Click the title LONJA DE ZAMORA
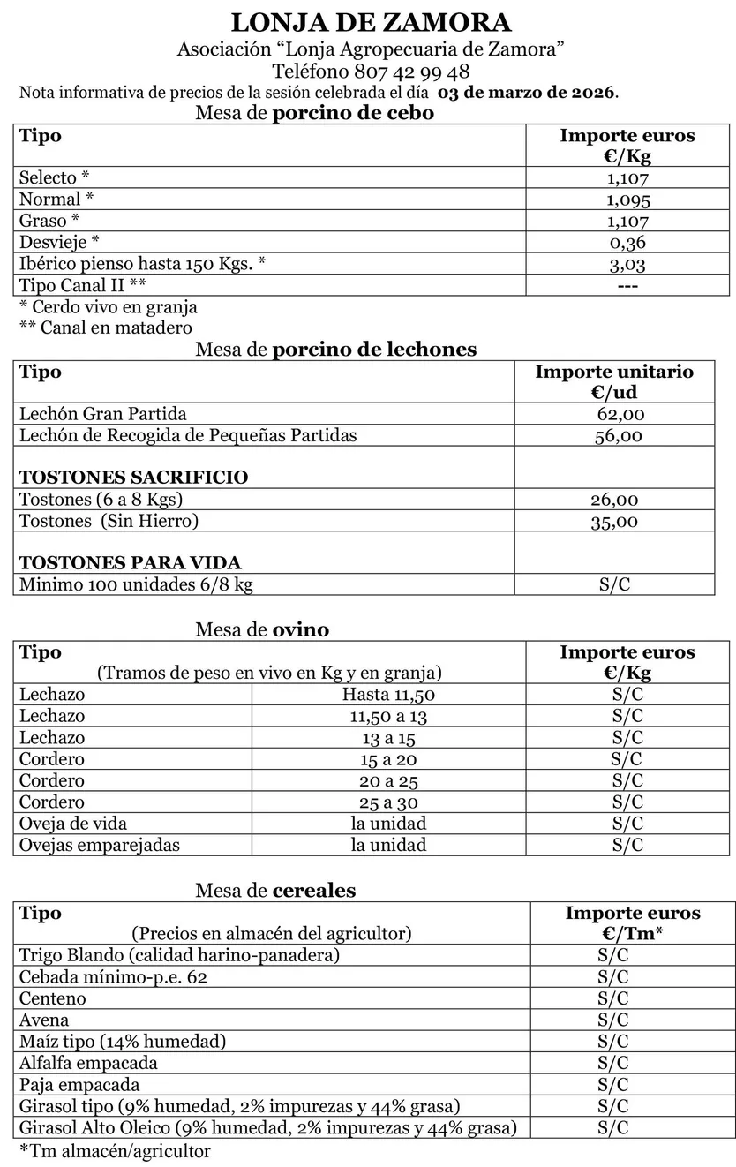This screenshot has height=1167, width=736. [x=371, y=23]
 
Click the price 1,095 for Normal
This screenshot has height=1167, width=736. [x=627, y=200]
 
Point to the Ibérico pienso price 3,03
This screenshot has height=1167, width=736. [x=627, y=264]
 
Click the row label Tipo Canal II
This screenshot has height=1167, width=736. [x=83, y=285]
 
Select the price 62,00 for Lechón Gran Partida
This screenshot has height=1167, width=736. [x=620, y=414]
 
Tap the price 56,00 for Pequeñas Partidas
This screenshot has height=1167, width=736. [x=619, y=435]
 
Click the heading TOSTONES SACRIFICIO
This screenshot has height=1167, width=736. [x=133, y=478]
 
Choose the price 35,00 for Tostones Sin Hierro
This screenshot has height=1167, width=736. [x=614, y=522]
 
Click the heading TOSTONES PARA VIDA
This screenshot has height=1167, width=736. [x=130, y=563]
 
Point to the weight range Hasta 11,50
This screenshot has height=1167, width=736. [x=388, y=695]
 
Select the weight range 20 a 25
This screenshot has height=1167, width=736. [x=388, y=780]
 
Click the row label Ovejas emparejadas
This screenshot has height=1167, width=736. [x=100, y=845]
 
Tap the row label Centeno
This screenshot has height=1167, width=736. [x=53, y=999]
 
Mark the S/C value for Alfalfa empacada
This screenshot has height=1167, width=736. [x=612, y=1063]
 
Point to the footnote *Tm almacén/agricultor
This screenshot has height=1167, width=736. [x=115, y=1151]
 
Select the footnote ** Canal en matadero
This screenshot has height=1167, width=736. [x=106, y=328]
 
